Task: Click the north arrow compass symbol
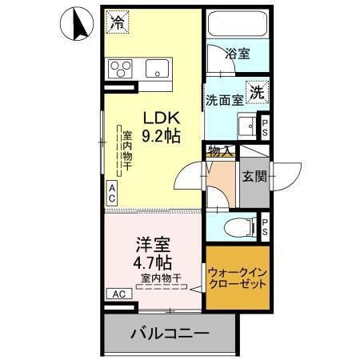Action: (78, 25)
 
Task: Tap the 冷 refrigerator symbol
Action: (118, 20)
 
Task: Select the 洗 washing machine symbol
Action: (258, 91)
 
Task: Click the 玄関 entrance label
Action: (255, 176)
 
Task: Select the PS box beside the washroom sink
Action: (265, 126)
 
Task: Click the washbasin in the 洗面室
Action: (247, 126)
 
